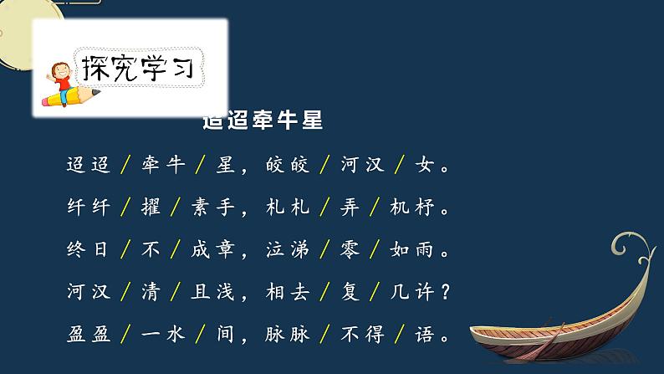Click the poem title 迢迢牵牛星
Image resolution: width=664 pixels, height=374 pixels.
[x=263, y=122]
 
